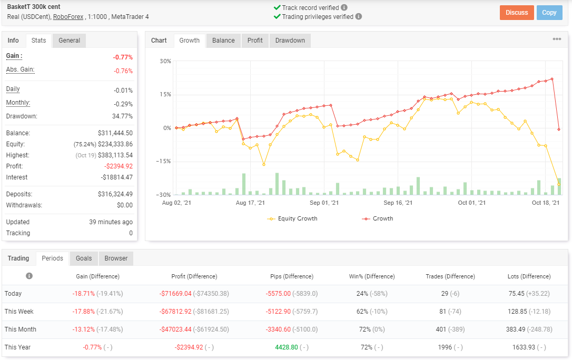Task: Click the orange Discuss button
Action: tap(517, 13)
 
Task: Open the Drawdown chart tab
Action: tap(290, 41)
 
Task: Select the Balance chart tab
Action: tap(223, 41)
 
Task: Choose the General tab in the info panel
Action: tap(70, 41)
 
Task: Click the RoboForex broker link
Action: tap(68, 17)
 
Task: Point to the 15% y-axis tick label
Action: tap(165, 94)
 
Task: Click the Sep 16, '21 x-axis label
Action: tap(398, 203)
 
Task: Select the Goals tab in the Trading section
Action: tap(84, 258)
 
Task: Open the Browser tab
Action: tap(116, 258)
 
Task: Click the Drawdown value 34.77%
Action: tap(122, 116)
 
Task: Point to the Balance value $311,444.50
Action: tap(115, 133)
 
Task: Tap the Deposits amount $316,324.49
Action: tap(115, 194)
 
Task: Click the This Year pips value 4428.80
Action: tap(287, 347)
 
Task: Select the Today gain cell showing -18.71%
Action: tap(84, 294)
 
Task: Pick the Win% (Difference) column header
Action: tap(372, 276)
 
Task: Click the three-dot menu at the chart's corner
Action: tap(557, 39)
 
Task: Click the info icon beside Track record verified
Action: tap(344, 7)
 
